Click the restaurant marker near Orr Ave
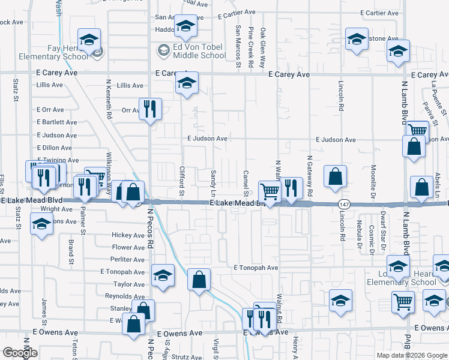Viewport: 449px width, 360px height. [149, 109]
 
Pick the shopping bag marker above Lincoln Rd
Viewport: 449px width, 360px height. [336, 176]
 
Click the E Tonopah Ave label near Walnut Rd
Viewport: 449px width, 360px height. [256, 268]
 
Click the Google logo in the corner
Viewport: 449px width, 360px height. [20, 353]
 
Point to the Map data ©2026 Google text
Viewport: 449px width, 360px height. [412, 355]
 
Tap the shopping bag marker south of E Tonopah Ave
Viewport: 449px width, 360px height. [199, 279]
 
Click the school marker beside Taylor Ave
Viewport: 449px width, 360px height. [162, 275]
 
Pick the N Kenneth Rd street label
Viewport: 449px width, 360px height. [109, 99]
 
